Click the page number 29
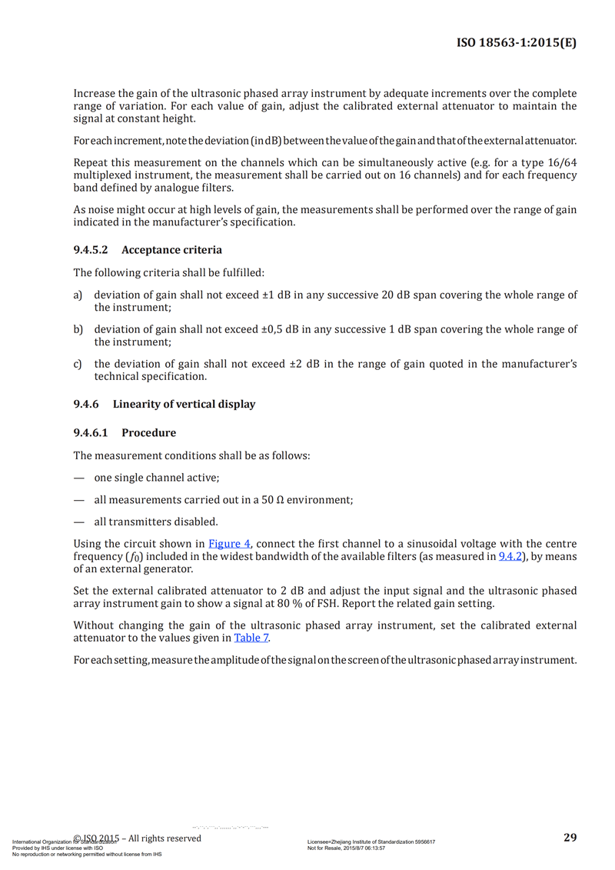(570, 837)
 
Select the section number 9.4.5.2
(91, 250)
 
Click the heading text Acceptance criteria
(172, 250)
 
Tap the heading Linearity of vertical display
(184, 404)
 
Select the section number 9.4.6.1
(91, 432)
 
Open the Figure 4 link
(230, 543)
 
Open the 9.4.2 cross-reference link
(511, 556)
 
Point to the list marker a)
(78, 295)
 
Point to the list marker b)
(78, 329)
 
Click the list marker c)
(78, 364)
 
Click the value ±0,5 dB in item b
(281, 329)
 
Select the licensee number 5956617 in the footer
(422, 842)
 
